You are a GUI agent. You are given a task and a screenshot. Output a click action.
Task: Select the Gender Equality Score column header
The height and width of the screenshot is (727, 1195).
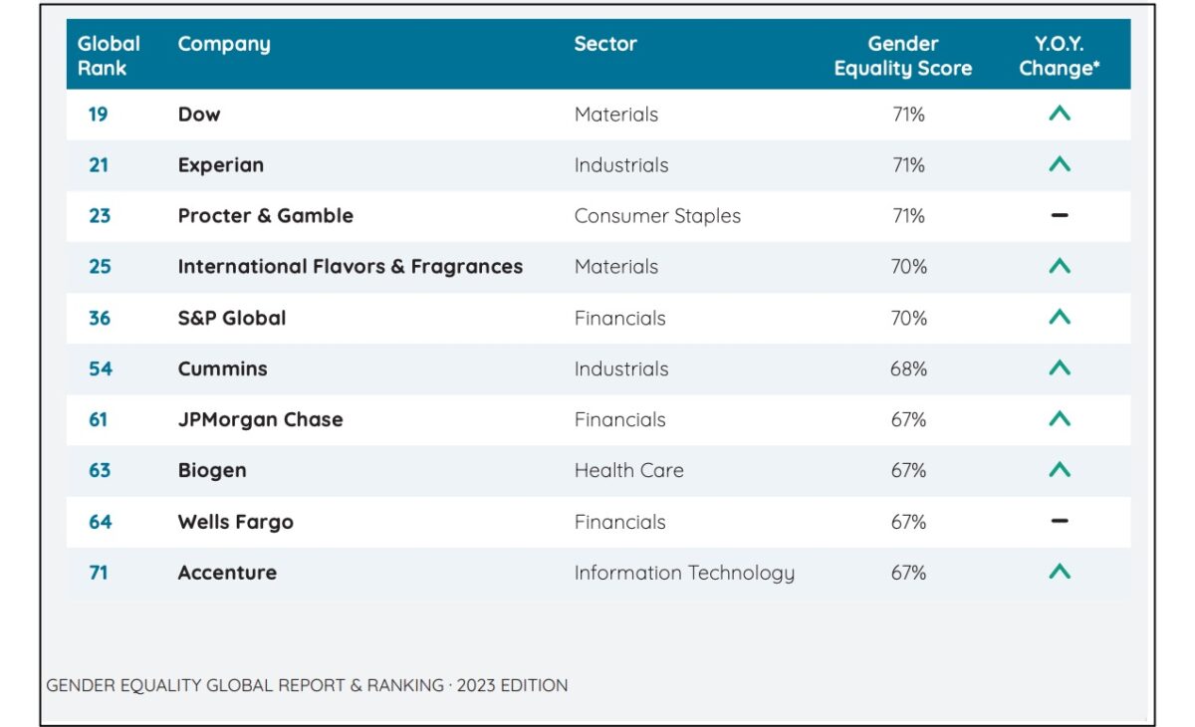pyautogui.click(x=902, y=56)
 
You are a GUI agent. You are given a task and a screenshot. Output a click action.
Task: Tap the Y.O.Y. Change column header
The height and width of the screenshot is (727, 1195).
pyautogui.click(x=1059, y=56)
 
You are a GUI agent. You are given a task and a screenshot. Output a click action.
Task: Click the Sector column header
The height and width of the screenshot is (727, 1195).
pyautogui.click(x=604, y=44)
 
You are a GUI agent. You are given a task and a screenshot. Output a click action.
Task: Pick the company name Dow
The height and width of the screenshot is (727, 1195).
pyautogui.click(x=199, y=115)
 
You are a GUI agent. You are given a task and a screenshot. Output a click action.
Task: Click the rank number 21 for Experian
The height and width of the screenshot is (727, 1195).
pyautogui.click(x=99, y=165)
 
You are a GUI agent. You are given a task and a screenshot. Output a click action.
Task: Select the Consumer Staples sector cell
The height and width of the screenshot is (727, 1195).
pyautogui.click(x=657, y=216)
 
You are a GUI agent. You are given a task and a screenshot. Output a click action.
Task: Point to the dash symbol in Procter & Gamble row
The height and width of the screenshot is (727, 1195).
pyautogui.click(x=1060, y=216)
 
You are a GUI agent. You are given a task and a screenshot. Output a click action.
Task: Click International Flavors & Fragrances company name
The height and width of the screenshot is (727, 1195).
pyautogui.click(x=350, y=267)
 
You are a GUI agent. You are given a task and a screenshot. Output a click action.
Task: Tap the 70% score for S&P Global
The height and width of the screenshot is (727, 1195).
pyautogui.click(x=908, y=319)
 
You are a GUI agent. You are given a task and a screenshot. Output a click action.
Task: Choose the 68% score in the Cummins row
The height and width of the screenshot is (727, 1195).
pyautogui.click(x=908, y=369)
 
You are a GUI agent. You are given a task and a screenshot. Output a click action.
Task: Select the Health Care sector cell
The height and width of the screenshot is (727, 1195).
pyautogui.click(x=628, y=471)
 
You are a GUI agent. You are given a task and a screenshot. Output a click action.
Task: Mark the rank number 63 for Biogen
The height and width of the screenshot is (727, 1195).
pyautogui.click(x=100, y=471)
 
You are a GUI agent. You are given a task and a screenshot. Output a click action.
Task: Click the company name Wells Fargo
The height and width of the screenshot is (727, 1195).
pyautogui.click(x=235, y=522)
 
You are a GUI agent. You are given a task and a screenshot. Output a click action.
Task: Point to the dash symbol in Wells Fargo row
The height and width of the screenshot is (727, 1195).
pyautogui.click(x=1060, y=521)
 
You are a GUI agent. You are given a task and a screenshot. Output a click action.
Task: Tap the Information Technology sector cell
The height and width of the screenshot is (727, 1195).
pyautogui.click(x=684, y=573)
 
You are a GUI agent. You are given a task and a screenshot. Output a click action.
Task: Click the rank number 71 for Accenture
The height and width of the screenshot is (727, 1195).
pyautogui.click(x=99, y=573)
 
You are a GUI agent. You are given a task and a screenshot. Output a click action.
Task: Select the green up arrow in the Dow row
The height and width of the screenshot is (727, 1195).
pyautogui.click(x=1060, y=115)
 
